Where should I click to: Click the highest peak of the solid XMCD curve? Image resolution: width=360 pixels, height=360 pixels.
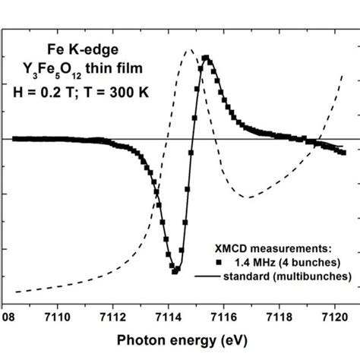[x=206, y=58]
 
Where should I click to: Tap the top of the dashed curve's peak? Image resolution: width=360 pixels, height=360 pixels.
[x=189, y=51]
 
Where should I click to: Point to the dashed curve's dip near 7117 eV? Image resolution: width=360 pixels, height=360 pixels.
[x=248, y=197]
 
